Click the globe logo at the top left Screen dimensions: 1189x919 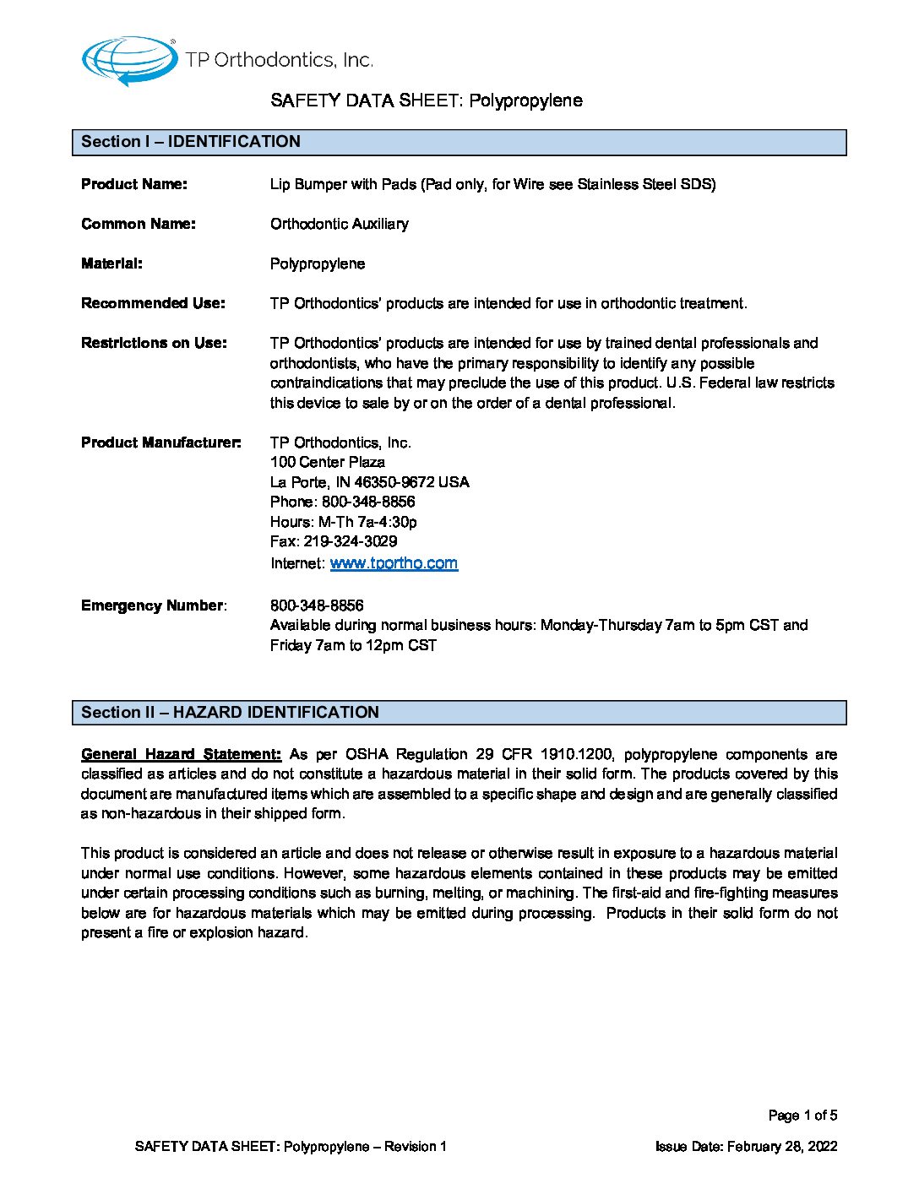pyautogui.click(x=128, y=61)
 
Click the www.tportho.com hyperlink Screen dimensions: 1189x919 pyautogui.click(x=394, y=563)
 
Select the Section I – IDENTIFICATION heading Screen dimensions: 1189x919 pyautogui.click(x=191, y=142)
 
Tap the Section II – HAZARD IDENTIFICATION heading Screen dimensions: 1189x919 pyautogui.click(x=230, y=713)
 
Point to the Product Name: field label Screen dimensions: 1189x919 pyautogui.click(x=134, y=184)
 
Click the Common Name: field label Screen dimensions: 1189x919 pyautogui.click(x=139, y=224)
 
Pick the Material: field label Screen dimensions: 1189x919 pyautogui.click(x=111, y=263)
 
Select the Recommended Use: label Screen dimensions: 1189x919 pyautogui.click(x=153, y=303)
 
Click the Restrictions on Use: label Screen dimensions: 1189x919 pyautogui.click(x=154, y=343)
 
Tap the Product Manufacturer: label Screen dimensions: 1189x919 pyautogui.click(x=160, y=442)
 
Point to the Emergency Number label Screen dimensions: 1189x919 pyautogui.click(x=153, y=605)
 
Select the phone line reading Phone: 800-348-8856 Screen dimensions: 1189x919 pyautogui.click(x=342, y=502)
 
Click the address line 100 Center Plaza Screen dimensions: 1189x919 pyautogui.click(x=328, y=462)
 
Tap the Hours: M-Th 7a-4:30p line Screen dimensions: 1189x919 pyautogui.click(x=343, y=522)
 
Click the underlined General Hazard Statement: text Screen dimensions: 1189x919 pyautogui.click(x=181, y=754)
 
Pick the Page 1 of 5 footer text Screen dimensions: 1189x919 pyautogui.click(x=802, y=1116)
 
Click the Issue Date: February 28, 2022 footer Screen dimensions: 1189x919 pyautogui.click(x=746, y=1147)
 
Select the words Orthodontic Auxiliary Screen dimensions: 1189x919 pyautogui.click(x=340, y=224)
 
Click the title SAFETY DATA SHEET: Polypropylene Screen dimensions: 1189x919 pyautogui.click(x=427, y=100)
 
